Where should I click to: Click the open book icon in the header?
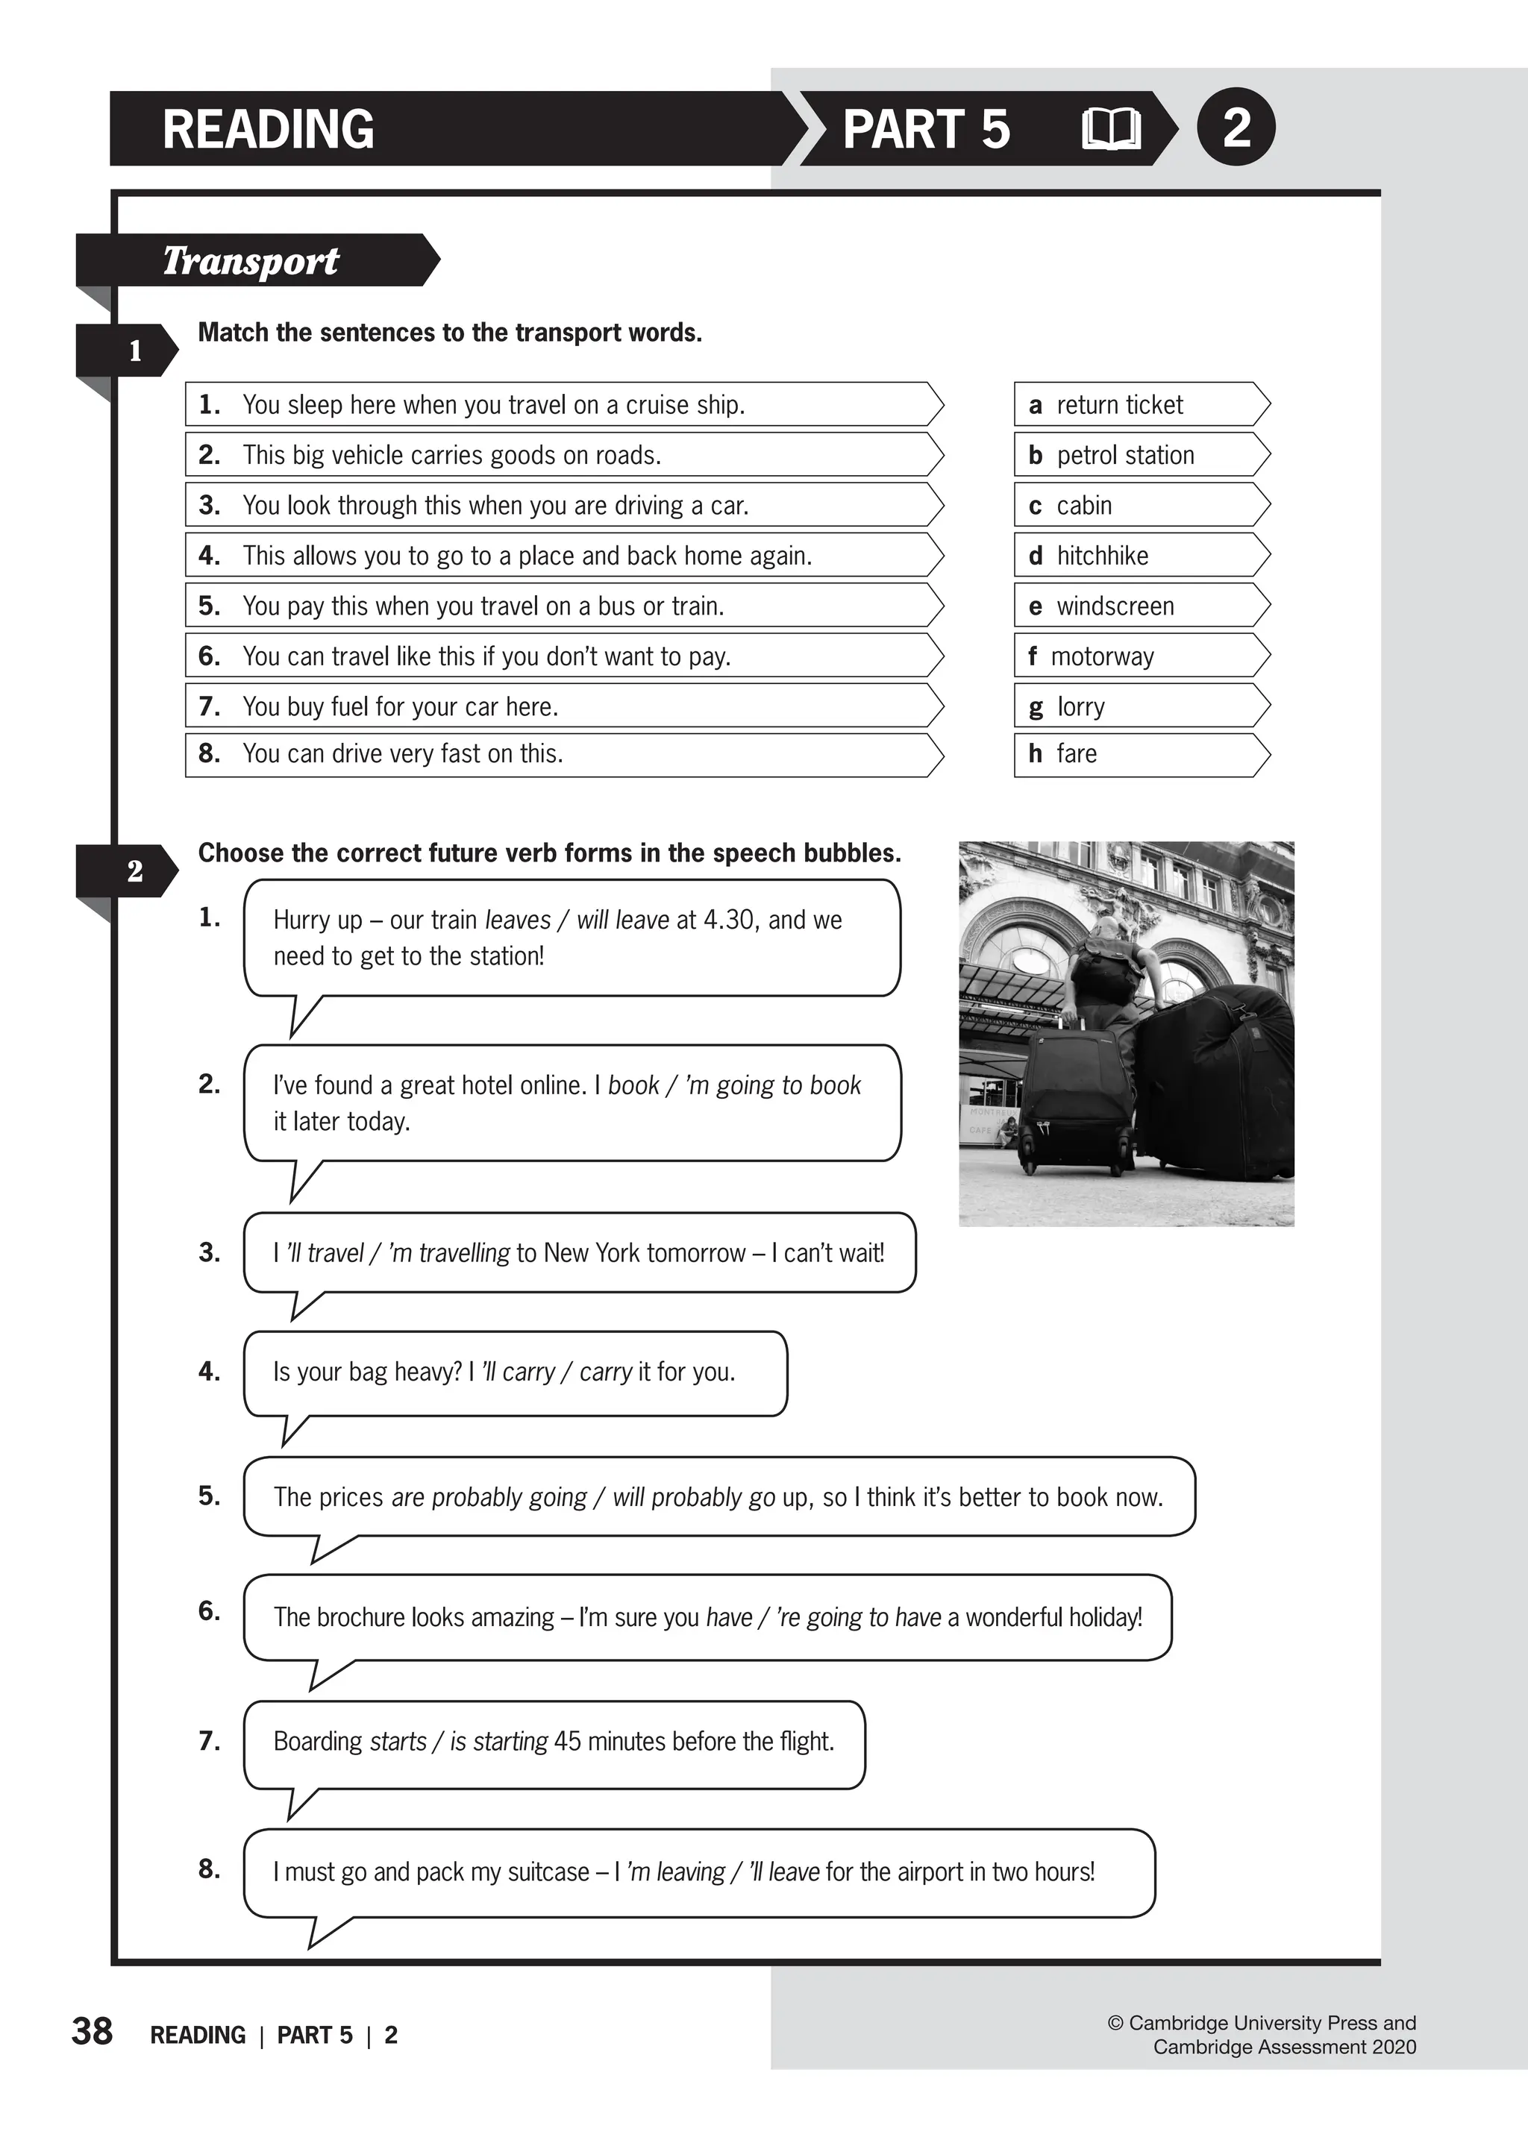[x=1110, y=129]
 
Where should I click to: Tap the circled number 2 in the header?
[x=1236, y=127]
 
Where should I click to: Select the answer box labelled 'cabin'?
[x=1140, y=505]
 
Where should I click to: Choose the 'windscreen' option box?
[x=1140, y=606]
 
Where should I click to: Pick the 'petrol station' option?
[x=1140, y=455]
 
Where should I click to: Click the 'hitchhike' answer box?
[x=1140, y=556]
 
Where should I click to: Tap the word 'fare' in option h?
[x=1077, y=753]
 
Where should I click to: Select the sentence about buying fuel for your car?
[x=563, y=706]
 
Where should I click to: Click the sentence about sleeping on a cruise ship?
[x=563, y=404]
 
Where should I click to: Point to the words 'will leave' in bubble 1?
[x=622, y=920]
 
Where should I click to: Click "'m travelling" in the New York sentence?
[x=449, y=1253]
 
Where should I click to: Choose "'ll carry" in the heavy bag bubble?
[x=519, y=1372]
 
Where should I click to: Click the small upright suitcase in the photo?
[x=1075, y=1101]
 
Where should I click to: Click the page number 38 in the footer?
[x=93, y=2031]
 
